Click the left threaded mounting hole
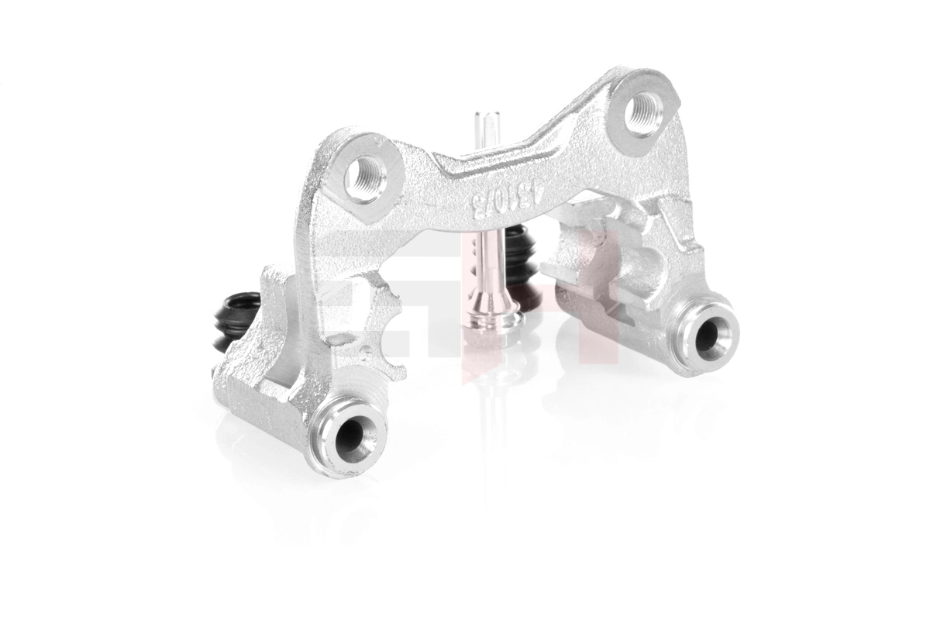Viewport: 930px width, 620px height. (x=363, y=177)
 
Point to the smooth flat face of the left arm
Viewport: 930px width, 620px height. (x=310, y=256)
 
